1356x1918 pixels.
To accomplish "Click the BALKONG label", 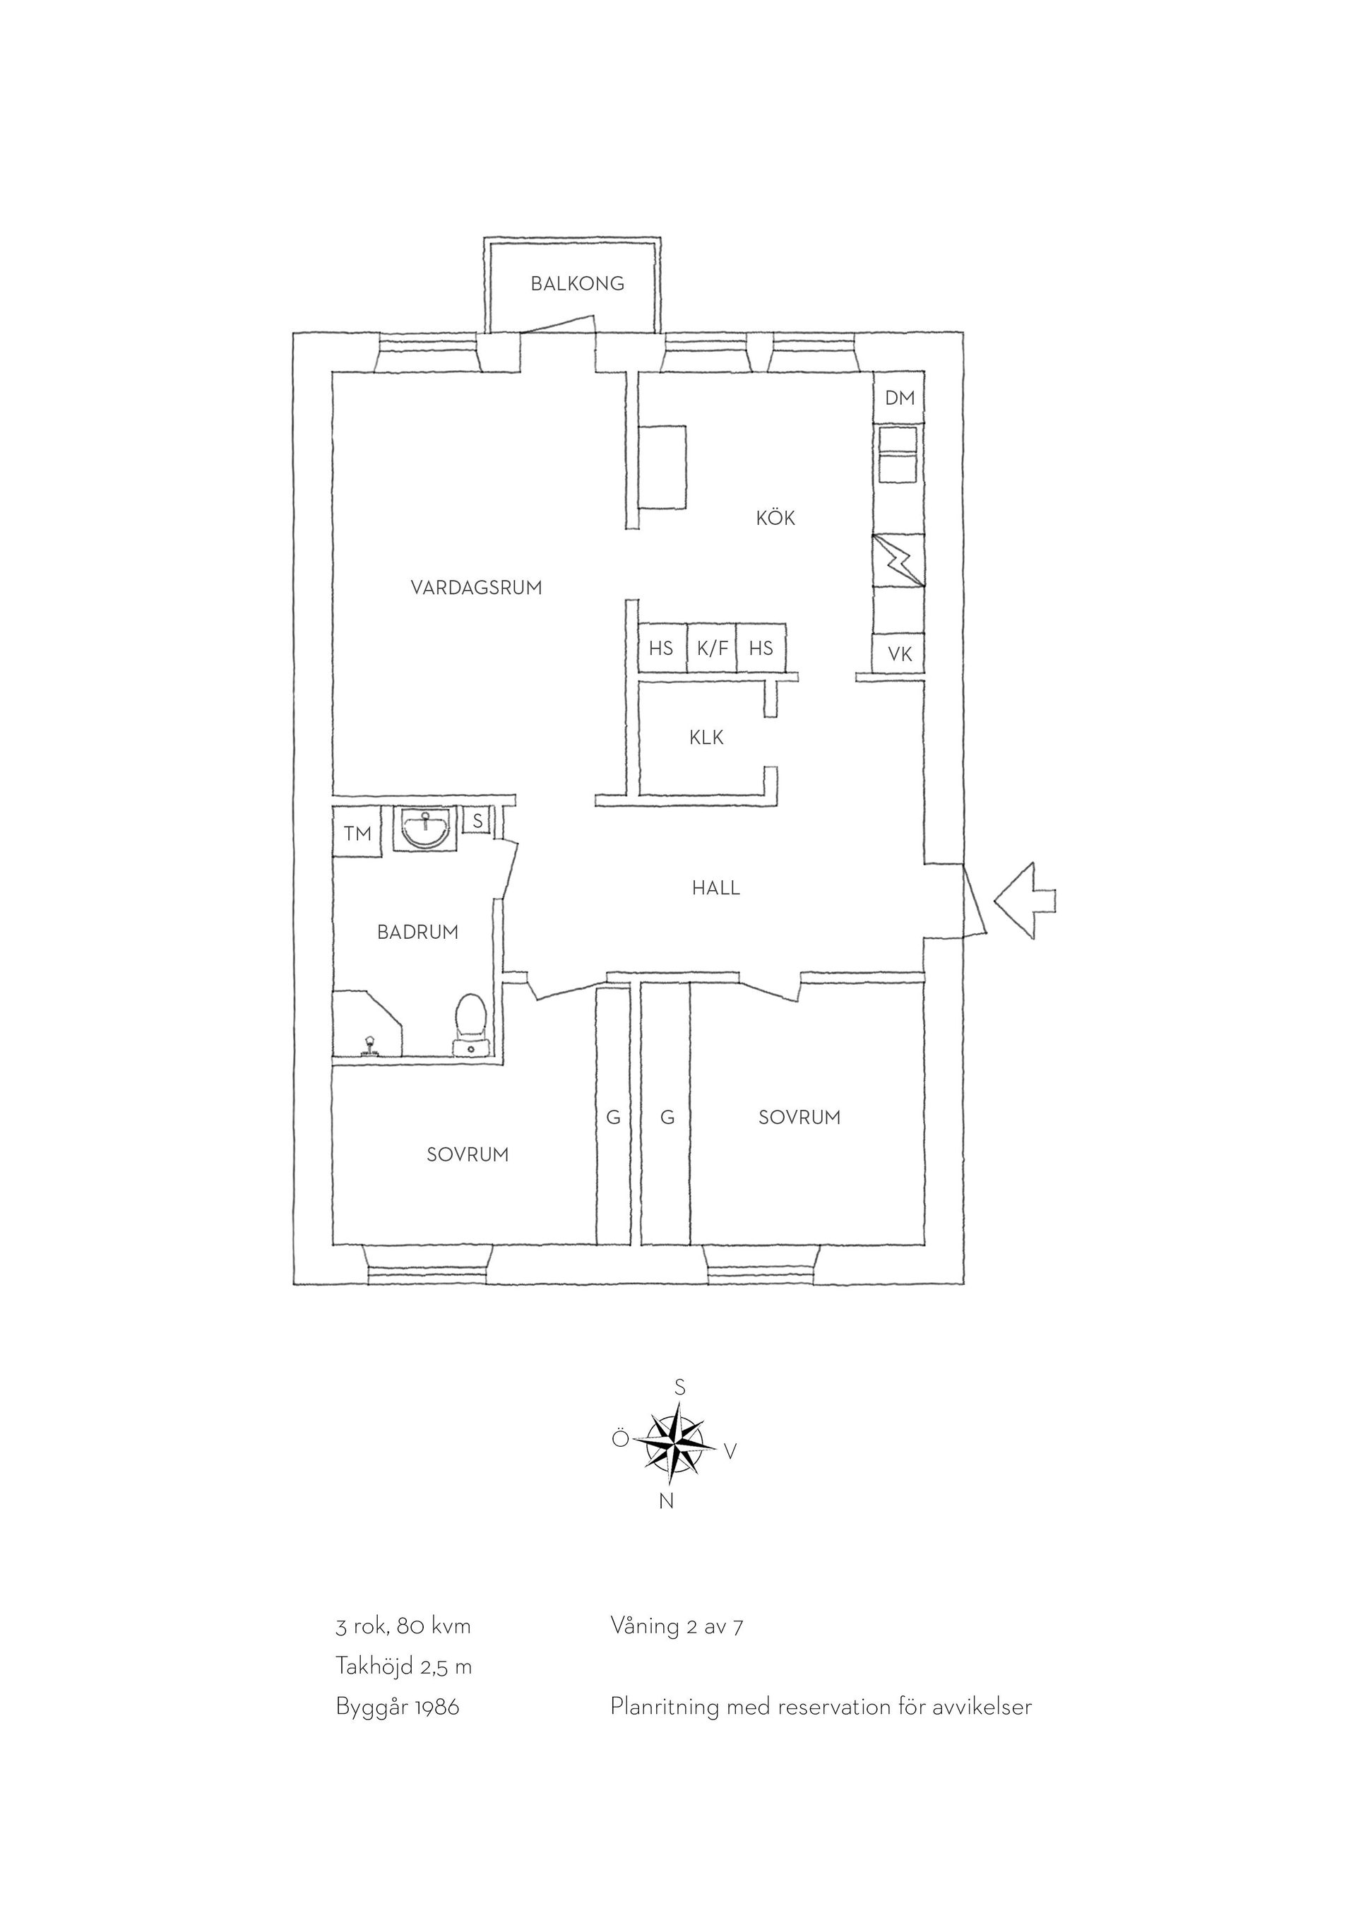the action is click(577, 284).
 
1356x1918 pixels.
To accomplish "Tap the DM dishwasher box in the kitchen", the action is click(899, 398).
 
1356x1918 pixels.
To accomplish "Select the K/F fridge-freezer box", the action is click(712, 649).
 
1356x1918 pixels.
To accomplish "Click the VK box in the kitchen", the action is click(899, 654).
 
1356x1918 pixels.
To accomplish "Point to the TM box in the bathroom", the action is click(357, 832).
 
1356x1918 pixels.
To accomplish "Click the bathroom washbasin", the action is click(426, 828).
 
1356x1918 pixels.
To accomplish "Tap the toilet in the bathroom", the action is click(471, 1025).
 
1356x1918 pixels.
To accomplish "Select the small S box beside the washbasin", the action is click(477, 820).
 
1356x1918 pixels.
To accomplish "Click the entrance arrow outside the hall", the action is click(1025, 901).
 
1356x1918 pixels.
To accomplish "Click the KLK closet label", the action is click(706, 738).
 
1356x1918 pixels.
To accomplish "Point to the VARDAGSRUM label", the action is click(476, 588).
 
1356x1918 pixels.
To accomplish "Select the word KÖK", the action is click(775, 518).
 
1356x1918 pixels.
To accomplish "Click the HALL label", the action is click(715, 888).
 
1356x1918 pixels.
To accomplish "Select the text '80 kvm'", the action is click(434, 1626).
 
